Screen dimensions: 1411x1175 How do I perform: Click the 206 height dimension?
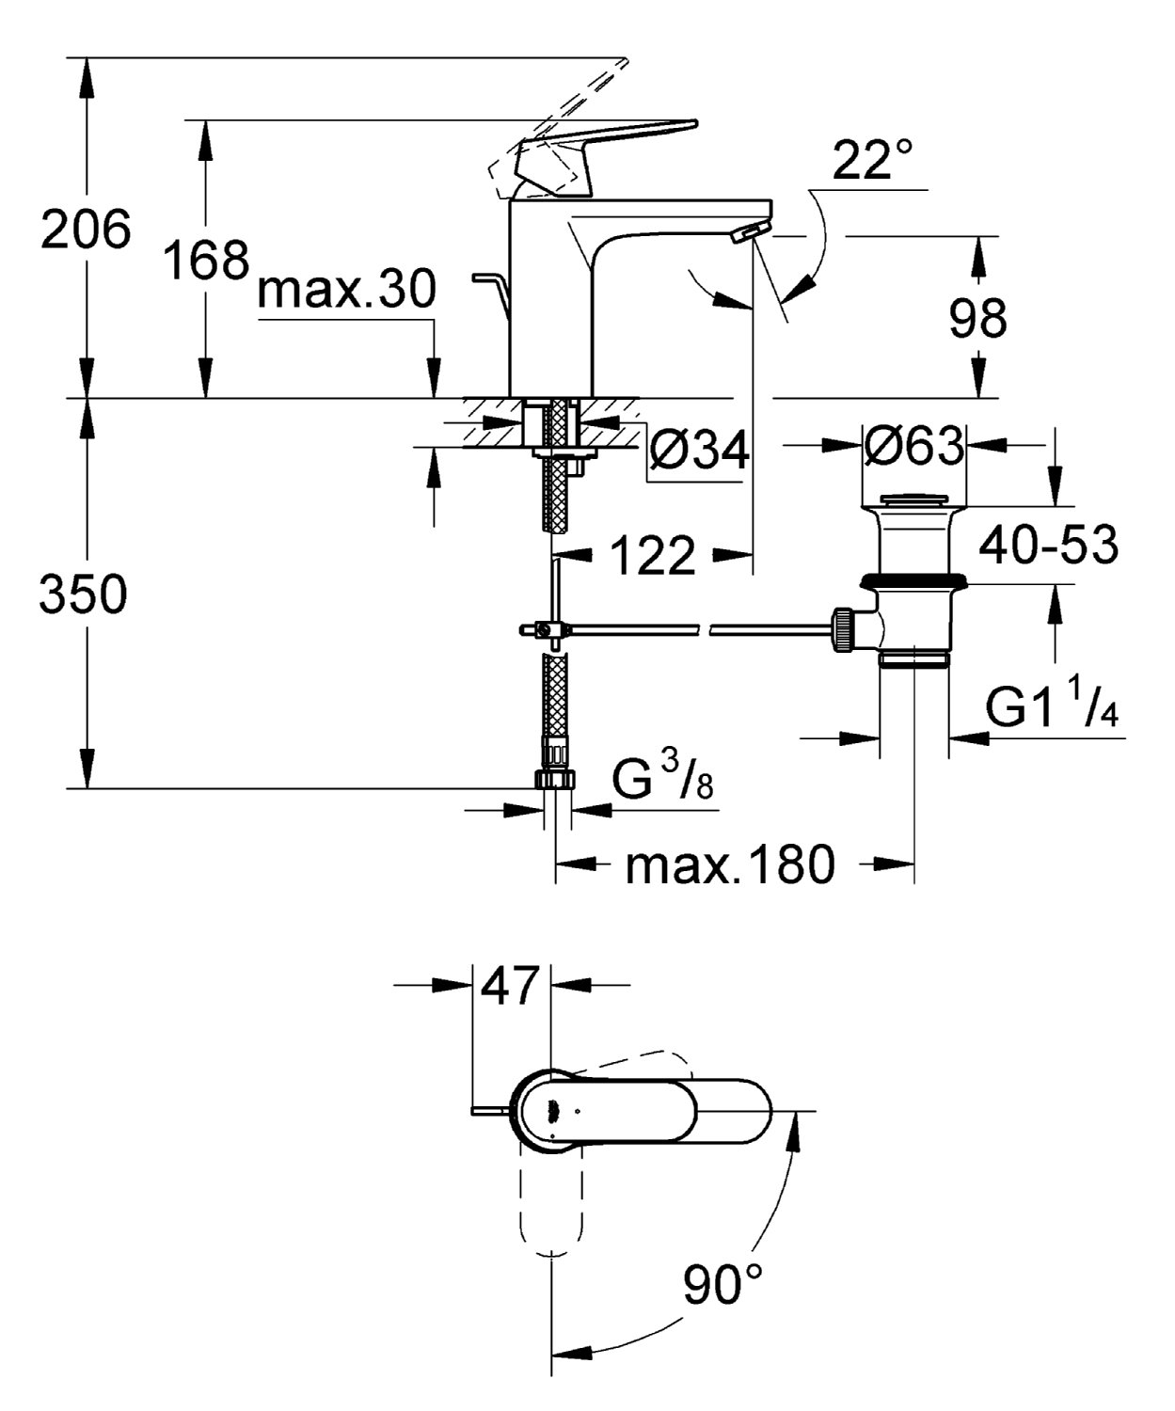pyautogui.click(x=85, y=230)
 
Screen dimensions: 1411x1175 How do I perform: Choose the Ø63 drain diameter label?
pyautogui.click(x=914, y=445)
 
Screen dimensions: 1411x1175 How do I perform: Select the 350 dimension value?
pyautogui.click(x=84, y=594)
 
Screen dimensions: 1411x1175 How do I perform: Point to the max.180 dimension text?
pyautogui.click(x=730, y=864)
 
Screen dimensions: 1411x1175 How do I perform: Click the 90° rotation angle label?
pyautogui.click(x=724, y=1284)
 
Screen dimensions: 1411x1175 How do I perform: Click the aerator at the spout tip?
pyautogui.click(x=749, y=232)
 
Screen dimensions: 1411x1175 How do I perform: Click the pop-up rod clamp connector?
pyautogui.click(x=544, y=629)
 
